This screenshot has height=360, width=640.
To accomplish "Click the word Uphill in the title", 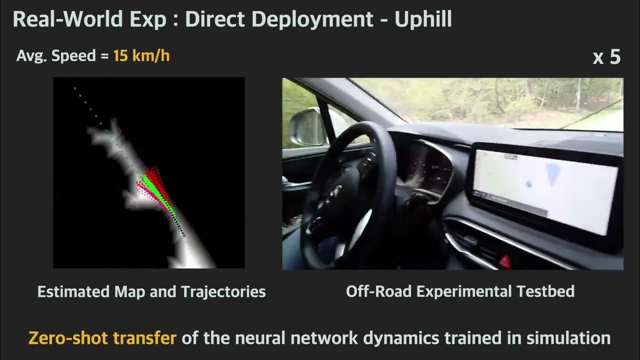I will pyautogui.click(x=423, y=19).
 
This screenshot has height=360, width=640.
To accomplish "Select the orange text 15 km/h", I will pyautogui.click(x=141, y=55).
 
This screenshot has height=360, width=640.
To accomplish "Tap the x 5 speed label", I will pyautogui.click(x=606, y=57).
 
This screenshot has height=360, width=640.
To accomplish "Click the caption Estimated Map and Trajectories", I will pyautogui.click(x=151, y=291).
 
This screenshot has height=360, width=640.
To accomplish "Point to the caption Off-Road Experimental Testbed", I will pyautogui.click(x=460, y=291).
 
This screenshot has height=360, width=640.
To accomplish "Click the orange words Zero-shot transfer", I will pyautogui.click(x=102, y=338).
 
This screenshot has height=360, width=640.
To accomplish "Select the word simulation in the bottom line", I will pyautogui.click(x=568, y=338).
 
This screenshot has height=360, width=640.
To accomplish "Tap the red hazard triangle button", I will pyautogui.click(x=505, y=260).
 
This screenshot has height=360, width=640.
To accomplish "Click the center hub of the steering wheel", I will pyautogui.click(x=340, y=192).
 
